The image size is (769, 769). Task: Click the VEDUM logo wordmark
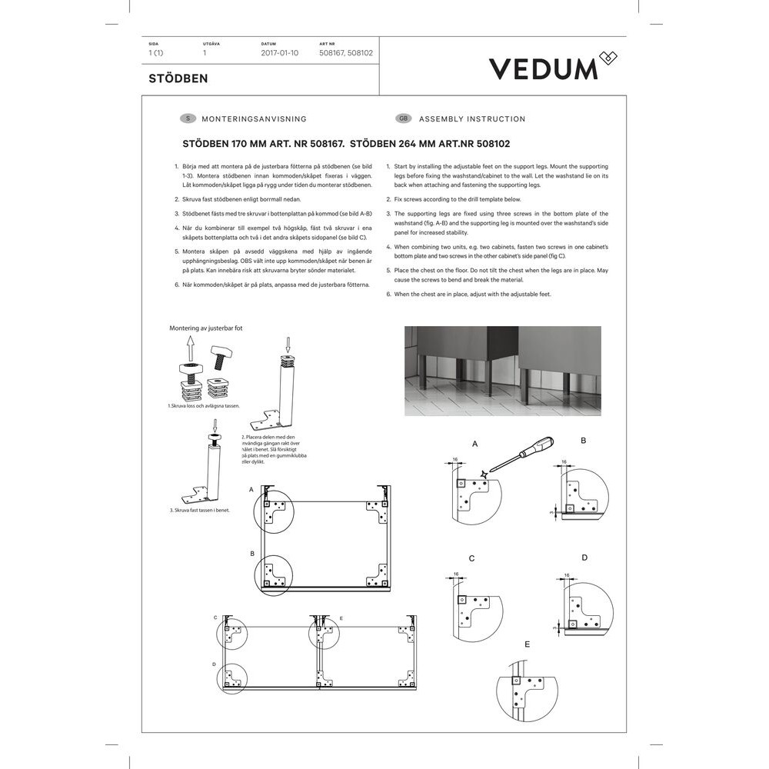pyautogui.click(x=544, y=68)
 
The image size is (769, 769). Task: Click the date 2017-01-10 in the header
pyautogui.click(x=279, y=54)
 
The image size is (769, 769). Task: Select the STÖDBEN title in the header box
pyautogui.click(x=178, y=78)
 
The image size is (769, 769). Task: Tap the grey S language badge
pyautogui.click(x=187, y=119)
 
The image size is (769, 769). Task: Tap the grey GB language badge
pyautogui.click(x=403, y=119)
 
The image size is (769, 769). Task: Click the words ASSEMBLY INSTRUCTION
pyautogui.click(x=472, y=119)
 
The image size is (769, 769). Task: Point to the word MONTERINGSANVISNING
pyautogui.click(x=254, y=119)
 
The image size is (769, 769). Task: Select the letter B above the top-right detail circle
pyautogui.click(x=584, y=441)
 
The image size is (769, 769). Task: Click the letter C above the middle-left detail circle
pyautogui.click(x=471, y=558)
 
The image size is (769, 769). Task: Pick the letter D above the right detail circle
pyautogui.click(x=584, y=558)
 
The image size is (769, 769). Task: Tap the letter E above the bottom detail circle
pyautogui.click(x=527, y=644)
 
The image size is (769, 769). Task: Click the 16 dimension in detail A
pyautogui.click(x=455, y=459)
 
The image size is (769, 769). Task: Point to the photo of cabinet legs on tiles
pyautogui.click(x=503, y=371)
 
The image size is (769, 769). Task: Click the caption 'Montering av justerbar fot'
pyautogui.click(x=206, y=328)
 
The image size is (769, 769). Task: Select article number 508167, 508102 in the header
pyautogui.click(x=346, y=54)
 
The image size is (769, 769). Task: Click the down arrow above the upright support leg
pyautogui.click(x=288, y=344)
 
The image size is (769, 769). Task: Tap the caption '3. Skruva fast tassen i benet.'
pyautogui.click(x=199, y=510)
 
